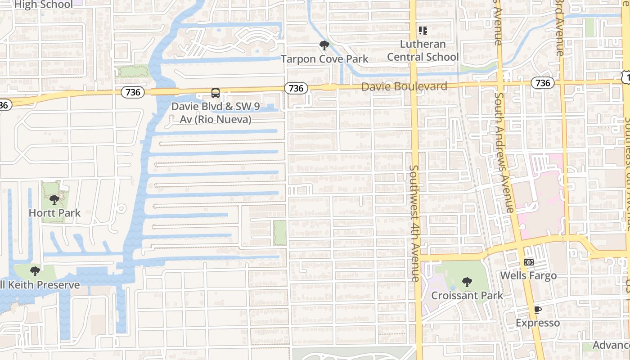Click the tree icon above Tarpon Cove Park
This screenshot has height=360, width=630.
[x=324, y=45]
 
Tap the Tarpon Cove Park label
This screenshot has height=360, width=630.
[x=324, y=59]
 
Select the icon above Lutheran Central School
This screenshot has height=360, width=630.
[x=423, y=31]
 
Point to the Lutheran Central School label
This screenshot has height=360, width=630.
[x=423, y=50]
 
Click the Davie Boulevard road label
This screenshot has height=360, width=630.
[x=404, y=86]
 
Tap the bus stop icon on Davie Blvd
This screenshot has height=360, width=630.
[x=216, y=93]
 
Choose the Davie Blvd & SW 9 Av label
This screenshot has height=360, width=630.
[x=216, y=113]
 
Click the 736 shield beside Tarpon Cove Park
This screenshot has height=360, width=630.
[x=296, y=88]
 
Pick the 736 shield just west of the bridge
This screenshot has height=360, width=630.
[x=133, y=92]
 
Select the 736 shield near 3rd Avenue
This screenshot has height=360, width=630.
[x=543, y=83]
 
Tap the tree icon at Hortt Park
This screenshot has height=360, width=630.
[x=54, y=199]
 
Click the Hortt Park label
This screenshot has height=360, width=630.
[x=54, y=213]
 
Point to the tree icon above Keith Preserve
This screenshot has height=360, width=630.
[x=35, y=271]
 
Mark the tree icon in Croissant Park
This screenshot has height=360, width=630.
[x=467, y=282]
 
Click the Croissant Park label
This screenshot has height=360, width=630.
[x=467, y=296]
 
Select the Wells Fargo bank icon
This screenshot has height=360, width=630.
[x=529, y=262]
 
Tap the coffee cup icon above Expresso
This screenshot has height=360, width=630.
[x=537, y=310]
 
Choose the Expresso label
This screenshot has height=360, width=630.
[x=538, y=323]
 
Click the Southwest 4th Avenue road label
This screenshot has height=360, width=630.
[x=415, y=223]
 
